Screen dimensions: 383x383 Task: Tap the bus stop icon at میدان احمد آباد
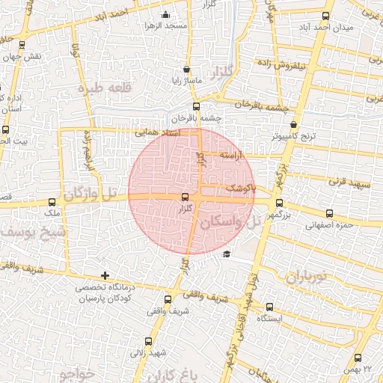pos(325,16)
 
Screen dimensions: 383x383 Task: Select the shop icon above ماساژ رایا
pos(176,70)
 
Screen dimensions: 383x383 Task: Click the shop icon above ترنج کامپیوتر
pos(293,125)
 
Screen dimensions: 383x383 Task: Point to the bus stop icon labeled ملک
pos(52,201)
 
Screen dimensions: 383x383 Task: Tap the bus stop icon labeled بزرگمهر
pos(279,203)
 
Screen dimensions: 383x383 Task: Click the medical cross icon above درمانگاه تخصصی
pos(105,276)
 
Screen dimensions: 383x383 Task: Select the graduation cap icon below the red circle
pos(227,254)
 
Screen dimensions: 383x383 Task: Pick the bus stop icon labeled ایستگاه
pos(269,306)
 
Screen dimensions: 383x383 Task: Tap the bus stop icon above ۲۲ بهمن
pos(357,358)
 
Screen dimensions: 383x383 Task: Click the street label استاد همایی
pos(158,132)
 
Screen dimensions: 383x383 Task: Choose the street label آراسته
pos(234,153)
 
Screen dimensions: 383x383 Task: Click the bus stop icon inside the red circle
pos(185,197)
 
